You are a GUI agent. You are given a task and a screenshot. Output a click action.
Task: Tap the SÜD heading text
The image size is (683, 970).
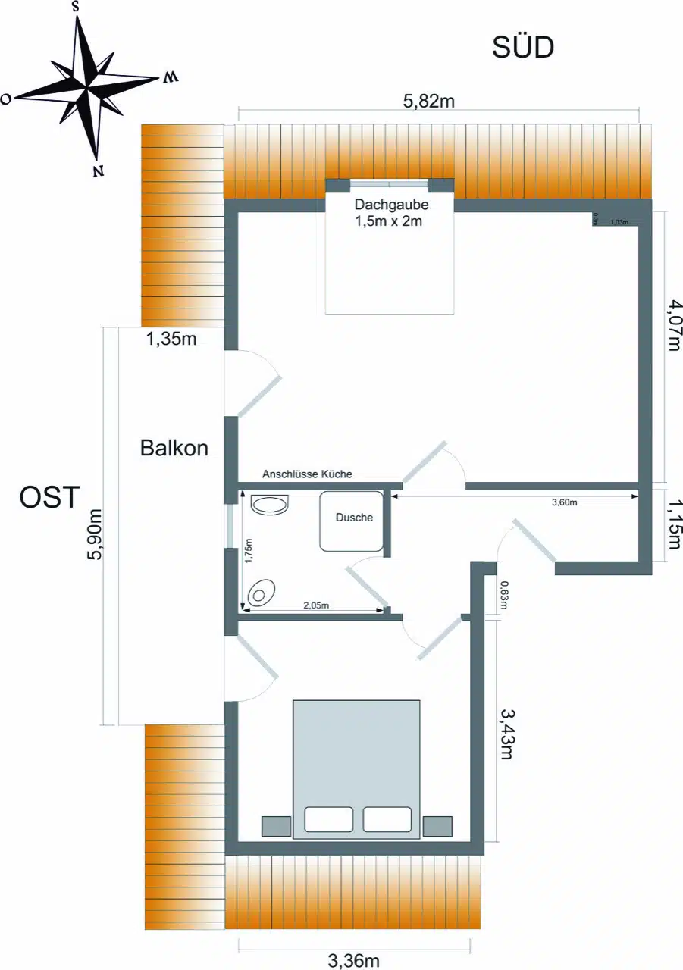(x=523, y=48)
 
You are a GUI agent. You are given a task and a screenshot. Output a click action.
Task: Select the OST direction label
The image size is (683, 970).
(x=49, y=498)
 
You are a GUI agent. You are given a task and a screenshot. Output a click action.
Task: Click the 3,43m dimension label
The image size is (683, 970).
(x=508, y=734)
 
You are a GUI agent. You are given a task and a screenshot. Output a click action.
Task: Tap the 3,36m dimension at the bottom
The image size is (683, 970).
(x=353, y=961)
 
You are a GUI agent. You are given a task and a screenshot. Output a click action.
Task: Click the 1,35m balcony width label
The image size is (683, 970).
(x=171, y=339)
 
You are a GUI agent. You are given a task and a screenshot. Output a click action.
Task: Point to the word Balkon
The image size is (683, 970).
(x=174, y=448)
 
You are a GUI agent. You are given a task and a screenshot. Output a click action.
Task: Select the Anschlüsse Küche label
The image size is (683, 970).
(x=307, y=474)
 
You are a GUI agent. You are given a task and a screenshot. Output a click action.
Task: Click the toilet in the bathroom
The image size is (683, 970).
(x=262, y=592)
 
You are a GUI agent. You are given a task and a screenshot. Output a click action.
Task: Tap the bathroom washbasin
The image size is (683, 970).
(x=269, y=505)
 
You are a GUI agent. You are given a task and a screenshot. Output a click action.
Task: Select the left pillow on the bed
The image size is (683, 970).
(x=328, y=819)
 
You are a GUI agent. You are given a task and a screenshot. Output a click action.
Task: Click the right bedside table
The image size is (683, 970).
(x=437, y=826)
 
